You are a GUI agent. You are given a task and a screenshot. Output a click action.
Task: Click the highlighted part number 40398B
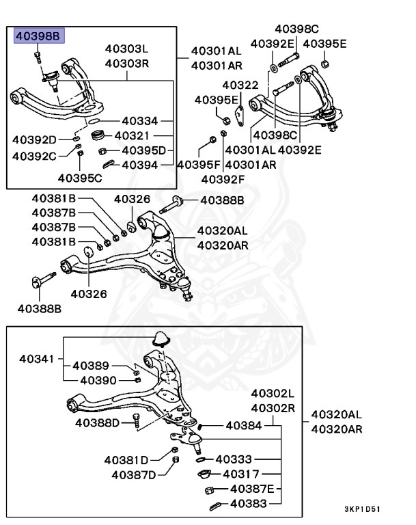tap(38, 36)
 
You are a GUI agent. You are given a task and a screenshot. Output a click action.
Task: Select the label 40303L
tap(126, 49)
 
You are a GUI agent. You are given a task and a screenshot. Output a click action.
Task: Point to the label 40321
tap(137, 135)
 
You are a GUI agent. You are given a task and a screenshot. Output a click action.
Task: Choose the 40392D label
tap(35, 140)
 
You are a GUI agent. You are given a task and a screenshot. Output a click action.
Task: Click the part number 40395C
tap(79, 178)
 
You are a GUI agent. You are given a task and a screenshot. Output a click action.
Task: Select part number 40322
tap(240, 85)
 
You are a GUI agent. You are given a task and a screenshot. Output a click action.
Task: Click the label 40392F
tap(223, 180)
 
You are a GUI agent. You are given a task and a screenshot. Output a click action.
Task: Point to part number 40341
tap(36, 358)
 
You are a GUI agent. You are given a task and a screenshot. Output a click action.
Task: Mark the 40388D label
tap(98, 422)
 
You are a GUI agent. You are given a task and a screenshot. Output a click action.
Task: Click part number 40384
tap(243, 425)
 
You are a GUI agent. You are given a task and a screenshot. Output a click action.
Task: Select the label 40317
tap(240, 473)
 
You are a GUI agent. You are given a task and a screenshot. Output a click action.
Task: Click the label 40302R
tap(273, 408)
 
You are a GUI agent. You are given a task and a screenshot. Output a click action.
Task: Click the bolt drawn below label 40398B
tap(38, 56)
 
